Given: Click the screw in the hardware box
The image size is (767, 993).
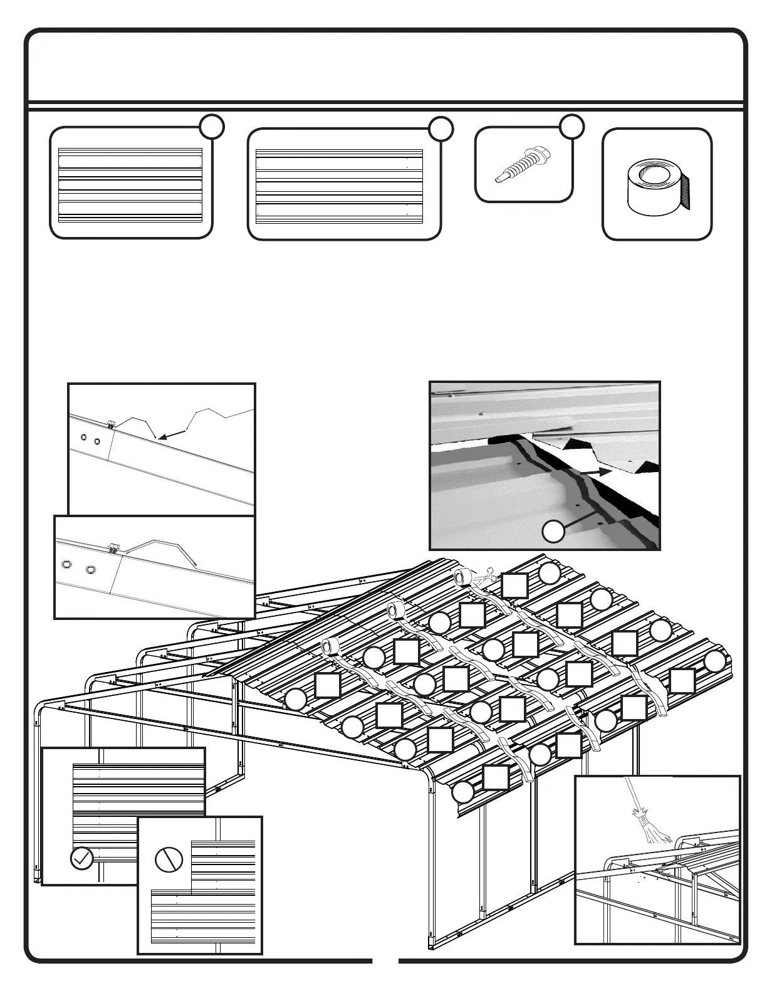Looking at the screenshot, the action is [x=523, y=165].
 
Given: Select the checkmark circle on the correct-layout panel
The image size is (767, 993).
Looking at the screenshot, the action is [x=82, y=858].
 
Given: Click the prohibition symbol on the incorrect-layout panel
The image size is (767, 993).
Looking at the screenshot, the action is [x=169, y=859].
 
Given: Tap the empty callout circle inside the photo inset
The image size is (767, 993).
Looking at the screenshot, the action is [x=553, y=532].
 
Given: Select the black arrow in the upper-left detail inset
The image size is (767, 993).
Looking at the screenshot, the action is [x=173, y=433].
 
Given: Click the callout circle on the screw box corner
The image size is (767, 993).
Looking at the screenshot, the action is [x=572, y=126].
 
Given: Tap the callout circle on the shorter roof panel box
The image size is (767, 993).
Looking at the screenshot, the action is [x=212, y=127].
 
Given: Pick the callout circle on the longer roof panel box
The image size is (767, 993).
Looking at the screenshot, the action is [x=441, y=128].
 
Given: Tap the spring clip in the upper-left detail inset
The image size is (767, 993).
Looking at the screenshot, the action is [x=111, y=424].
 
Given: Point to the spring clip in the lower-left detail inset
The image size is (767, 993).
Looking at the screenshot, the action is [x=113, y=548].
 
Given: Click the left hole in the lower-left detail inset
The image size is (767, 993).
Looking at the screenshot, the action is [x=65, y=564].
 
